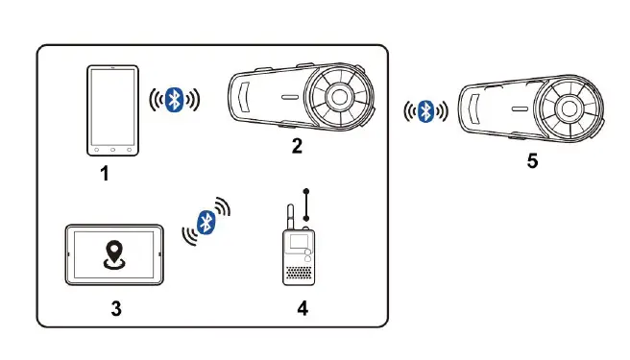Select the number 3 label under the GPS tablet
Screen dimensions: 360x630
point(115,308)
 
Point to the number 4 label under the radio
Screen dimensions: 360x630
point(303,308)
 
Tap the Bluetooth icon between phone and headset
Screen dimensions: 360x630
point(174,100)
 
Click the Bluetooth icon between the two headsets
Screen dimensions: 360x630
point(426,111)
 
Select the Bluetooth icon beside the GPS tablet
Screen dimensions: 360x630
point(206,222)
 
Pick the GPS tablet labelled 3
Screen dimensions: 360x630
point(115,255)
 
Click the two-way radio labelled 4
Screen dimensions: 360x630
point(299,254)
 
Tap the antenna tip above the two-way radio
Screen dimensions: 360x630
point(305,192)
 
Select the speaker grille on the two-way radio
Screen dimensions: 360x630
point(299,273)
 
